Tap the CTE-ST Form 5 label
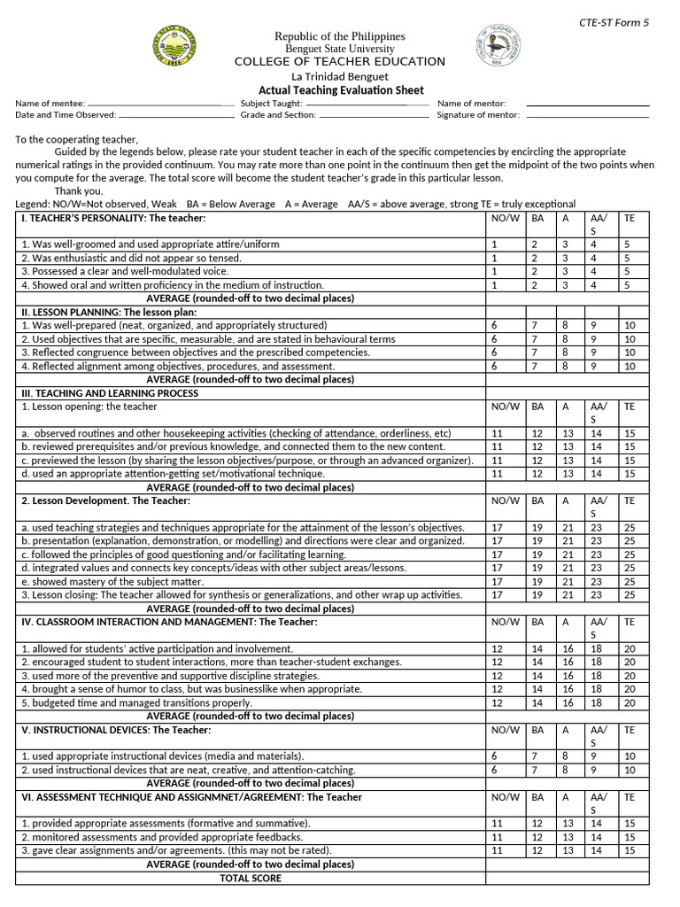(614, 23)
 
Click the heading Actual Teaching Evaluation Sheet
(340, 90)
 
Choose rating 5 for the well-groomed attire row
(627, 244)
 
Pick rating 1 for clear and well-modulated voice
(494, 271)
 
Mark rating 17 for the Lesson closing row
(497, 595)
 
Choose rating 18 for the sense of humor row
(597, 689)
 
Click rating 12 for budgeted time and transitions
(497, 702)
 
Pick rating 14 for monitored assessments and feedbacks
(597, 837)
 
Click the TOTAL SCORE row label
(251, 879)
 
